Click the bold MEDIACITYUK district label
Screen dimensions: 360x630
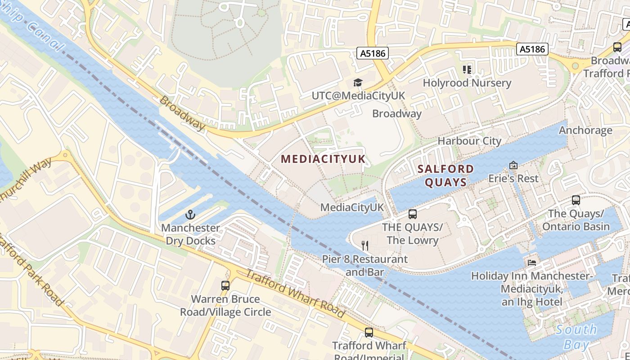point(323,159)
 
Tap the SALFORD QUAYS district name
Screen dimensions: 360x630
point(445,175)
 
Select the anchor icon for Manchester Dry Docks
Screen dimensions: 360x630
point(190,215)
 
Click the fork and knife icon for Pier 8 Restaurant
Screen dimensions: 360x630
point(365,246)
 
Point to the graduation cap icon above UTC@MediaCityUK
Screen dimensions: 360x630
point(358,82)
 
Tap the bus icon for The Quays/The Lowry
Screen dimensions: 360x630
point(412,214)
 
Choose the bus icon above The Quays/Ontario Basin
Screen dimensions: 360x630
point(576,200)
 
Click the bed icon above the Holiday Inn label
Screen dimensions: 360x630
point(532,262)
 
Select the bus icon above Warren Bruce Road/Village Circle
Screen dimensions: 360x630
point(225,285)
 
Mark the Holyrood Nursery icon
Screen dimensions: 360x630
point(467,69)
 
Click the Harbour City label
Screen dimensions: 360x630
point(469,141)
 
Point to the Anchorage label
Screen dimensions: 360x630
point(585,130)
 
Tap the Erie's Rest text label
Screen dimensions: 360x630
point(513,179)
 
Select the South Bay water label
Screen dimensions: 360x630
point(576,337)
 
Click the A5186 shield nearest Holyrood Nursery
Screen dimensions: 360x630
point(532,49)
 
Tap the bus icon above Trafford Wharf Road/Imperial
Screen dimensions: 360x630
point(369,333)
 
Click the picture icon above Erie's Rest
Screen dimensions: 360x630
point(513,165)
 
